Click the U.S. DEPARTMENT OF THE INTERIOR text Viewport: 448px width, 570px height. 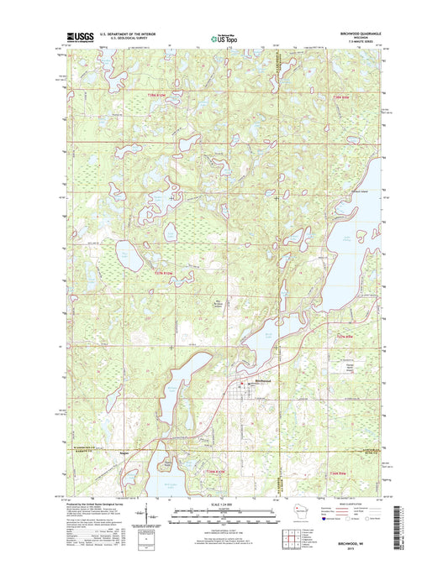(128, 34)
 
